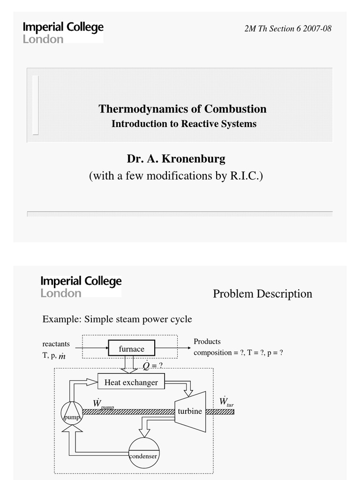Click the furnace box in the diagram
[131, 349]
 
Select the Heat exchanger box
[131, 382]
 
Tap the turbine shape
[190, 412]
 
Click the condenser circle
[143, 452]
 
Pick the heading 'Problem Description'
[262, 294]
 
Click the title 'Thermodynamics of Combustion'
[182, 109]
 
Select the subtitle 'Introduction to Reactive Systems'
[184, 124]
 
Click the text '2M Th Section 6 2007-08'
[288, 28]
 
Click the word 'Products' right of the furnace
[207, 342]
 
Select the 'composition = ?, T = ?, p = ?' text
[238, 353]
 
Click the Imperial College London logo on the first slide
[63, 33]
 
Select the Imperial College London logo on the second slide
[81, 286]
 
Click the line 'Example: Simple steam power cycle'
[117, 319]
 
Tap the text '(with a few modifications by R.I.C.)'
[176, 176]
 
